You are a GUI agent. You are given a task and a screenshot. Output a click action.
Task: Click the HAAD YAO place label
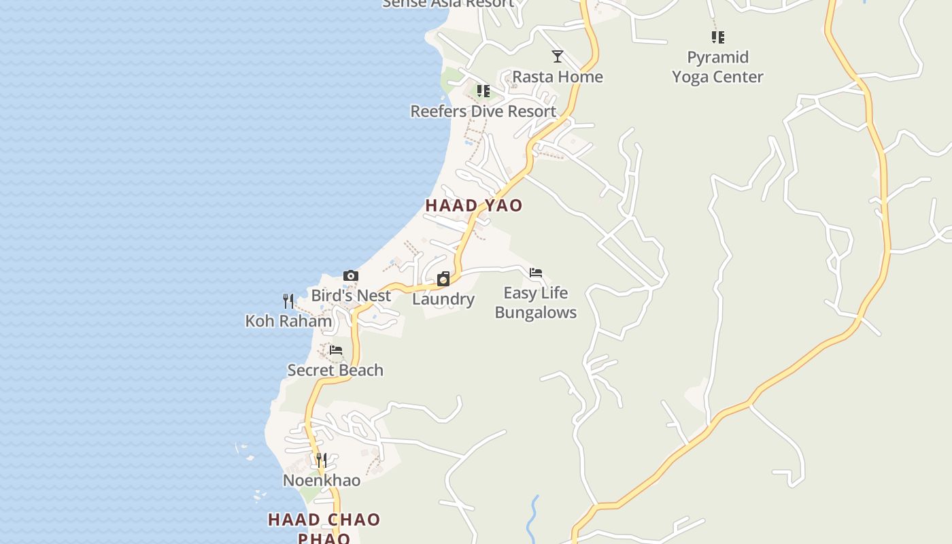(474, 205)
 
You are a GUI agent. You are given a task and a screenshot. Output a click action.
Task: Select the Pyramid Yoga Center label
(717, 67)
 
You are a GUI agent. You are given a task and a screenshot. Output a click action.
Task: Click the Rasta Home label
(558, 76)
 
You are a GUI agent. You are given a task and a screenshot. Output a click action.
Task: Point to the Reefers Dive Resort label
(483, 111)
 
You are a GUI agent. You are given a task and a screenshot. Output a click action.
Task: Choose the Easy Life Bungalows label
(536, 303)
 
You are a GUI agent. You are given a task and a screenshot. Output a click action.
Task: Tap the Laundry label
(443, 299)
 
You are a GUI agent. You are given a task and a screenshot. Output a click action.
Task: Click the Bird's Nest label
(351, 295)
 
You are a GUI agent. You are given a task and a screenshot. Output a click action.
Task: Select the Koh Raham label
(288, 320)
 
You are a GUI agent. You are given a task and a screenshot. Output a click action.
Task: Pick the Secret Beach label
(335, 370)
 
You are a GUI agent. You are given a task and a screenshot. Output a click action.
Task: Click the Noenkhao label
(322, 480)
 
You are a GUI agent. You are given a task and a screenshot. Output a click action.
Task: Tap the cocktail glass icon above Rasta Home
(558, 56)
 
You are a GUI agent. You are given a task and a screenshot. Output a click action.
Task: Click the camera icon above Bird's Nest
(351, 275)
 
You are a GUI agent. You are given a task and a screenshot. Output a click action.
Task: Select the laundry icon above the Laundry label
(443, 279)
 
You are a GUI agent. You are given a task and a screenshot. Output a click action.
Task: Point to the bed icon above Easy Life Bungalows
(536, 273)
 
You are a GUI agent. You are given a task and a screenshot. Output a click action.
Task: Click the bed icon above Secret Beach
(336, 350)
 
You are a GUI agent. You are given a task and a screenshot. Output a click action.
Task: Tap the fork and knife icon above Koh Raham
(288, 301)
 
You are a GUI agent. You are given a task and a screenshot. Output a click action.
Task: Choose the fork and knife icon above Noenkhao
(322, 460)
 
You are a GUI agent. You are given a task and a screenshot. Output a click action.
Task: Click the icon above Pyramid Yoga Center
(717, 37)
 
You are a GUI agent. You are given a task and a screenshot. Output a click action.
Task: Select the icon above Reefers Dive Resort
(483, 91)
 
